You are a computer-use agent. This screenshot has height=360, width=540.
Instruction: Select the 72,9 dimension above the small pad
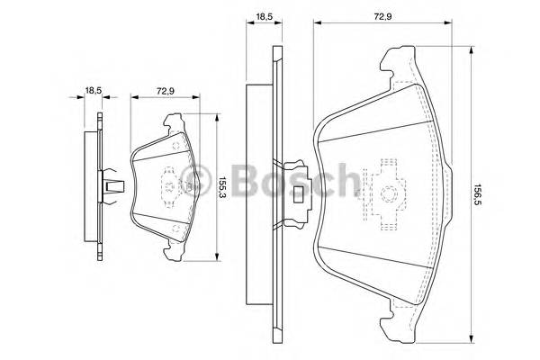pyautogui.click(x=166, y=91)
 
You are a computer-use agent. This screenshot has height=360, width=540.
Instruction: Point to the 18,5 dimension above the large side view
pyautogui.click(x=263, y=16)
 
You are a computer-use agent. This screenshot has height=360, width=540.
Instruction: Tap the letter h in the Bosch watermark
pyautogui.click(x=346, y=183)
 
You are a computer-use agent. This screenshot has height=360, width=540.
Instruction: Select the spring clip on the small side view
pyautogui.click(x=113, y=184)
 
